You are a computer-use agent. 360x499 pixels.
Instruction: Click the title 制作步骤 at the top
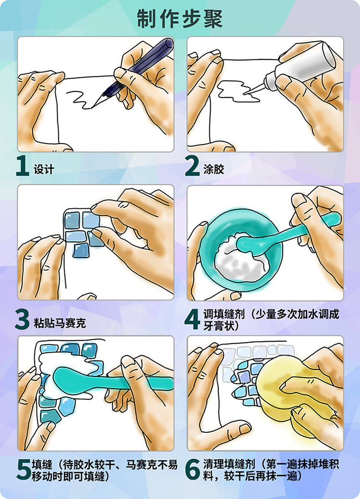point(180,19)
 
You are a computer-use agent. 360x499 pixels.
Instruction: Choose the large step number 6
point(192,470)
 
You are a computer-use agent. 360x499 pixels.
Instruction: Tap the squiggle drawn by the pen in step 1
point(80,98)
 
